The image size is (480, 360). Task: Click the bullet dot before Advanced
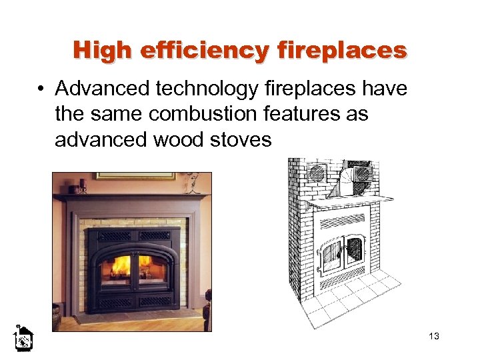(x=42, y=89)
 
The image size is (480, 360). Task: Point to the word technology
(x=209, y=89)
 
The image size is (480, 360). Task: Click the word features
(x=299, y=114)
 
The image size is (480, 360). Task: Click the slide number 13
(x=434, y=336)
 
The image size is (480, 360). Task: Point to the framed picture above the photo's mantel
(x=133, y=176)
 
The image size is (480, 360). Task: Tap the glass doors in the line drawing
(x=342, y=253)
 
